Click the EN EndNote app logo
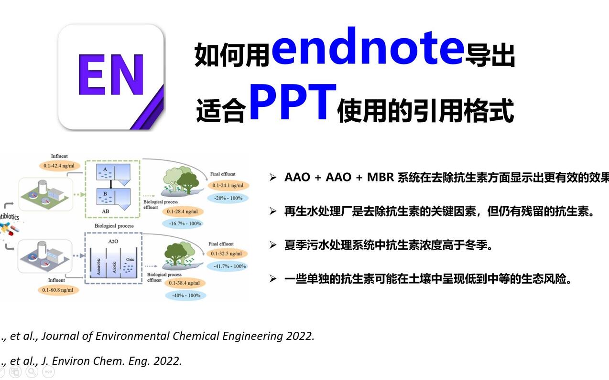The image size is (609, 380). click(x=111, y=77)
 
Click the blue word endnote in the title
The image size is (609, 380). click(x=368, y=46)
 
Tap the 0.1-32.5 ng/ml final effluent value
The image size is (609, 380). click(x=228, y=253)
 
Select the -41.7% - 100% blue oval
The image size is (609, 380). click(x=228, y=266)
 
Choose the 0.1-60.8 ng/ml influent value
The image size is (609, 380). click(x=57, y=290)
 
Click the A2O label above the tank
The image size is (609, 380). click(x=113, y=242)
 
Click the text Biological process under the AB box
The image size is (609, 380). click(x=114, y=225)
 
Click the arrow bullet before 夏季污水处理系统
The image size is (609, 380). click(x=273, y=245)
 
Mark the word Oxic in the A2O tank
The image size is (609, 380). click(x=130, y=260)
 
